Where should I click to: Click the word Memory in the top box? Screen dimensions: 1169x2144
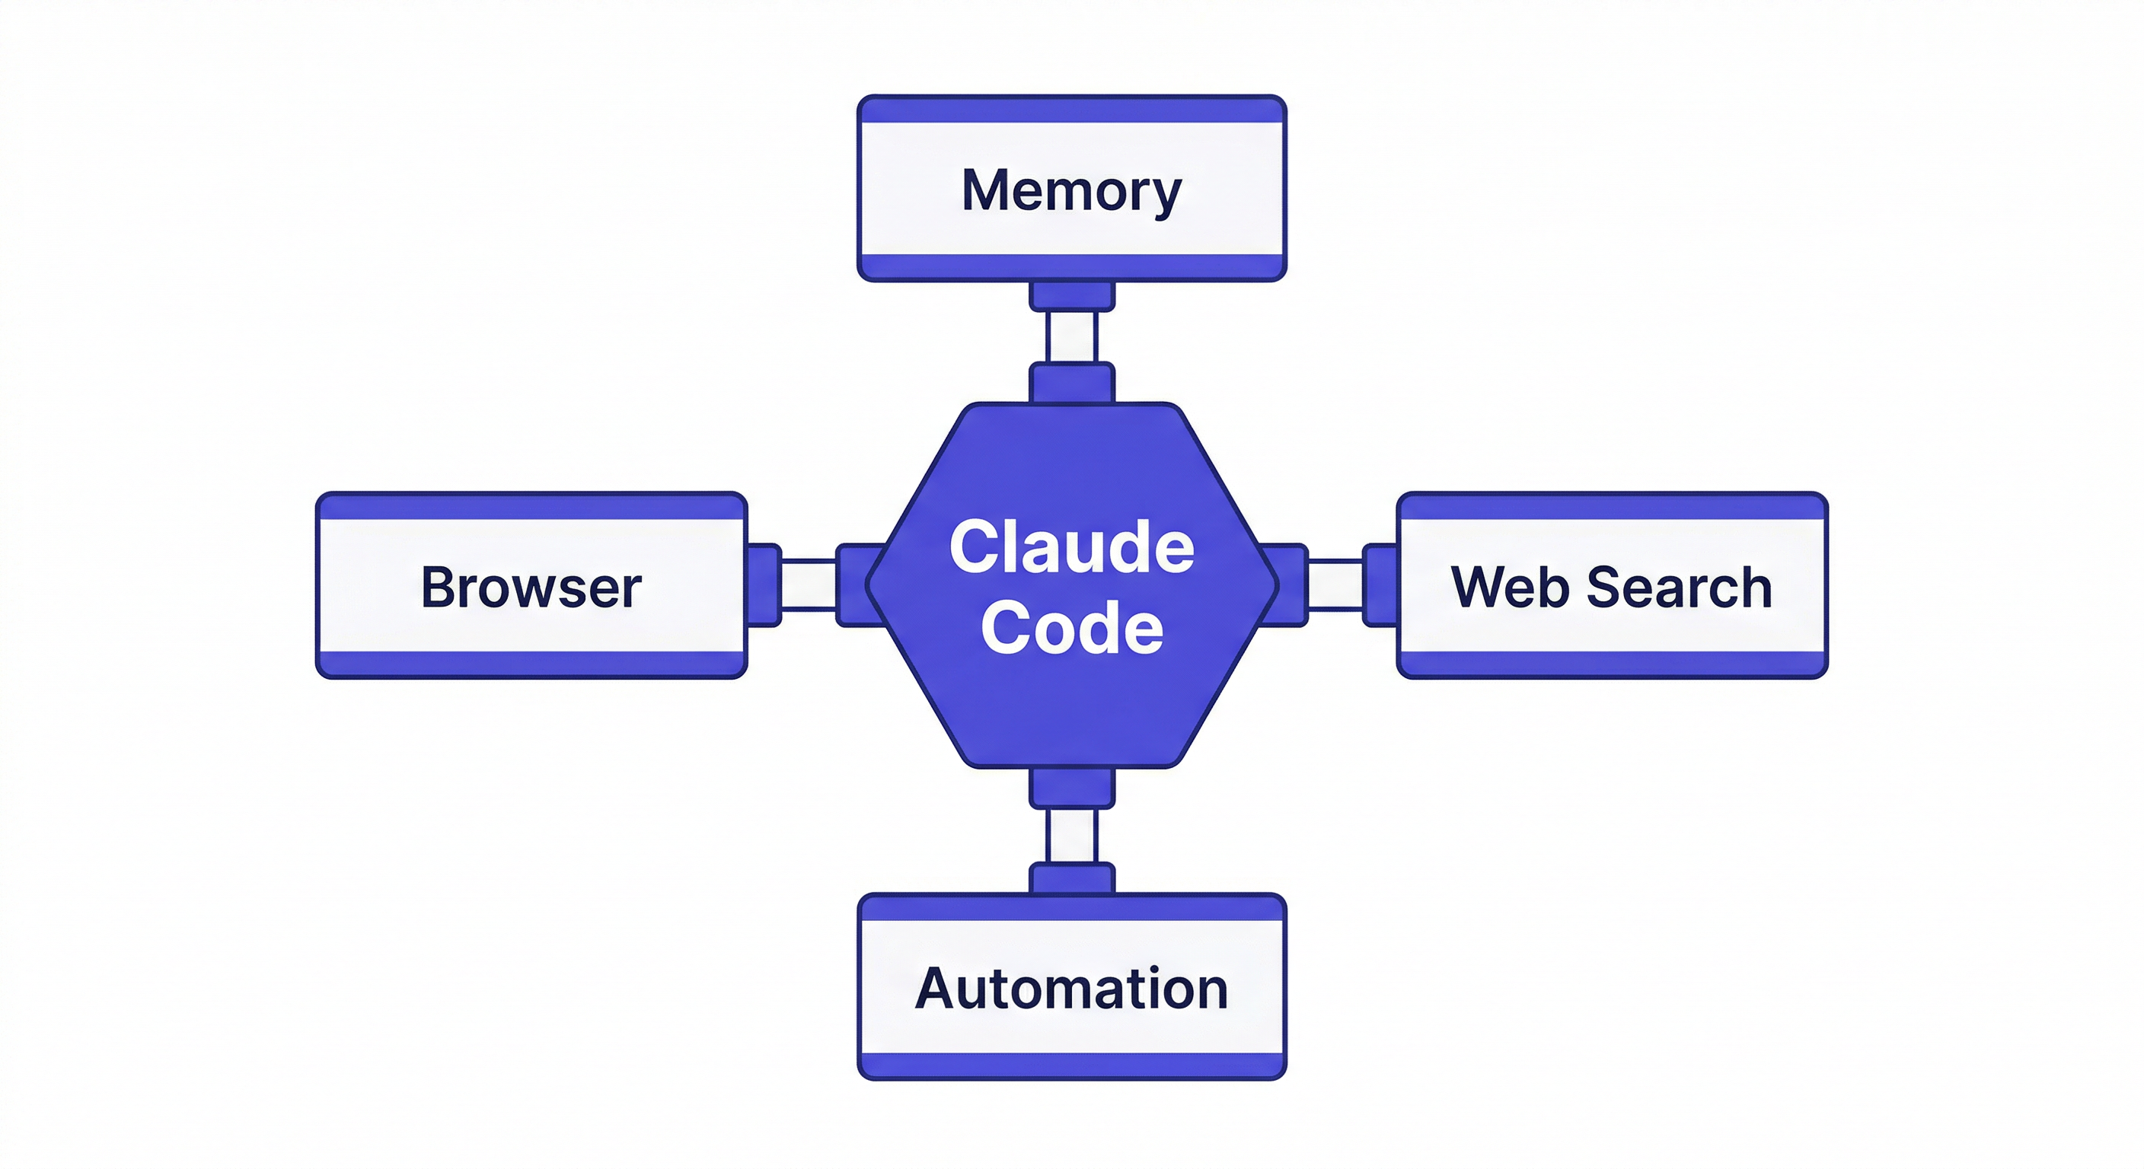(1071, 190)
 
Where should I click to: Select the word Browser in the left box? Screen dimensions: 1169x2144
(531, 588)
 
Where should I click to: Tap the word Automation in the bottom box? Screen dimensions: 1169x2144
(1071, 989)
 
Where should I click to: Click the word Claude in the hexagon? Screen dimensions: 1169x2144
(1071, 547)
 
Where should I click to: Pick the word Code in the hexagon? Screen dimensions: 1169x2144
(1071, 628)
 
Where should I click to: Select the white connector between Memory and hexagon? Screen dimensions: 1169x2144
(1071, 337)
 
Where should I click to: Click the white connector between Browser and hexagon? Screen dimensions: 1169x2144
(808, 585)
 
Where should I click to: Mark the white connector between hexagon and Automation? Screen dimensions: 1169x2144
(1071, 836)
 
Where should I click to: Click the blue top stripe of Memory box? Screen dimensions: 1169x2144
(1071, 110)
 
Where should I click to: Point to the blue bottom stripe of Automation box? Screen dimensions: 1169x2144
(1071, 1065)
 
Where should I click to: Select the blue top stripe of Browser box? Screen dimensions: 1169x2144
(531, 507)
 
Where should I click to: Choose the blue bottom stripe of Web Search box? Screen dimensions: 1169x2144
(1611, 664)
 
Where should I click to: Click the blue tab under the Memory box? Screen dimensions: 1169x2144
(1071, 296)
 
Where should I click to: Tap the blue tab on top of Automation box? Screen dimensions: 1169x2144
(1071, 878)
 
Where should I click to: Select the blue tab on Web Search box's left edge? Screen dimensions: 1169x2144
(1380, 585)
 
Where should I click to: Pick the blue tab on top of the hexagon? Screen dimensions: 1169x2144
(1071, 383)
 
